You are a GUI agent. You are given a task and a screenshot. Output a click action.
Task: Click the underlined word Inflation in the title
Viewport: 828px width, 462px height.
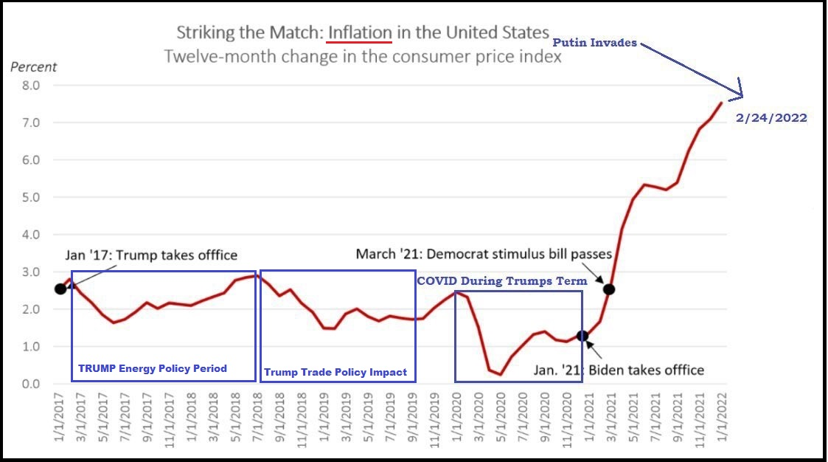pyautogui.click(x=360, y=33)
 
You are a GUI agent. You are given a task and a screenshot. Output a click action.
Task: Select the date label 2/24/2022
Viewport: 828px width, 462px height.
pyautogui.click(x=771, y=118)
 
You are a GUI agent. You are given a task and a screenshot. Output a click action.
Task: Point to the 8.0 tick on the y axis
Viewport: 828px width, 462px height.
pyautogui.click(x=30, y=86)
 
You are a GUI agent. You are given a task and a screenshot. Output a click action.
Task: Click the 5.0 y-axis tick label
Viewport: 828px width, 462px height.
pyautogui.click(x=30, y=197)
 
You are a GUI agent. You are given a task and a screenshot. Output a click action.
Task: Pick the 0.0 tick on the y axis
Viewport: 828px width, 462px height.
pyautogui.click(x=30, y=384)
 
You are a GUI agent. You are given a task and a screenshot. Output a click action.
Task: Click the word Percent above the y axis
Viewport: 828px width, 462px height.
pyautogui.click(x=33, y=67)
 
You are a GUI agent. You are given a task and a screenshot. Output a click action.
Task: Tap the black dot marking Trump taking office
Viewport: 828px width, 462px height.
pyautogui.click(x=60, y=289)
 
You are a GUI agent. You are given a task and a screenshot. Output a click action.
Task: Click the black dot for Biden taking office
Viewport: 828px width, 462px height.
pyautogui.click(x=582, y=336)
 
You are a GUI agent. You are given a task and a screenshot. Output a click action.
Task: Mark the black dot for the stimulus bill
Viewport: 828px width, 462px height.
pyautogui.click(x=609, y=289)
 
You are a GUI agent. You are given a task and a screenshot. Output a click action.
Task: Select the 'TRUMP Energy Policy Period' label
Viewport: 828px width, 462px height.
pyautogui.click(x=153, y=368)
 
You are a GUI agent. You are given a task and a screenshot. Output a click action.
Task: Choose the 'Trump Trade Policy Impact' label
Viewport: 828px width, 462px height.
pyautogui.click(x=335, y=372)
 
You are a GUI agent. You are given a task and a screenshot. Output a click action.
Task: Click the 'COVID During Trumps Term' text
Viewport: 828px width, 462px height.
pyautogui.click(x=502, y=281)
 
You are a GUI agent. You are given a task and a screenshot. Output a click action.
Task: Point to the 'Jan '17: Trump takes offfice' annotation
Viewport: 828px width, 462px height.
pyautogui.click(x=151, y=255)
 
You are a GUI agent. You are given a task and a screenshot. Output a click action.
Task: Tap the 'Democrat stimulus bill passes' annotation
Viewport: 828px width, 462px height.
pyautogui.click(x=484, y=254)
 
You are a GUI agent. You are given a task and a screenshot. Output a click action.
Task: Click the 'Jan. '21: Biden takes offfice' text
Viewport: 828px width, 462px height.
pyautogui.click(x=619, y=370)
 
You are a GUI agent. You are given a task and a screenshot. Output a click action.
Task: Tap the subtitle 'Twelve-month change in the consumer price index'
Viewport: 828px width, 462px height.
pyautogui.click(x=363, y=56)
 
